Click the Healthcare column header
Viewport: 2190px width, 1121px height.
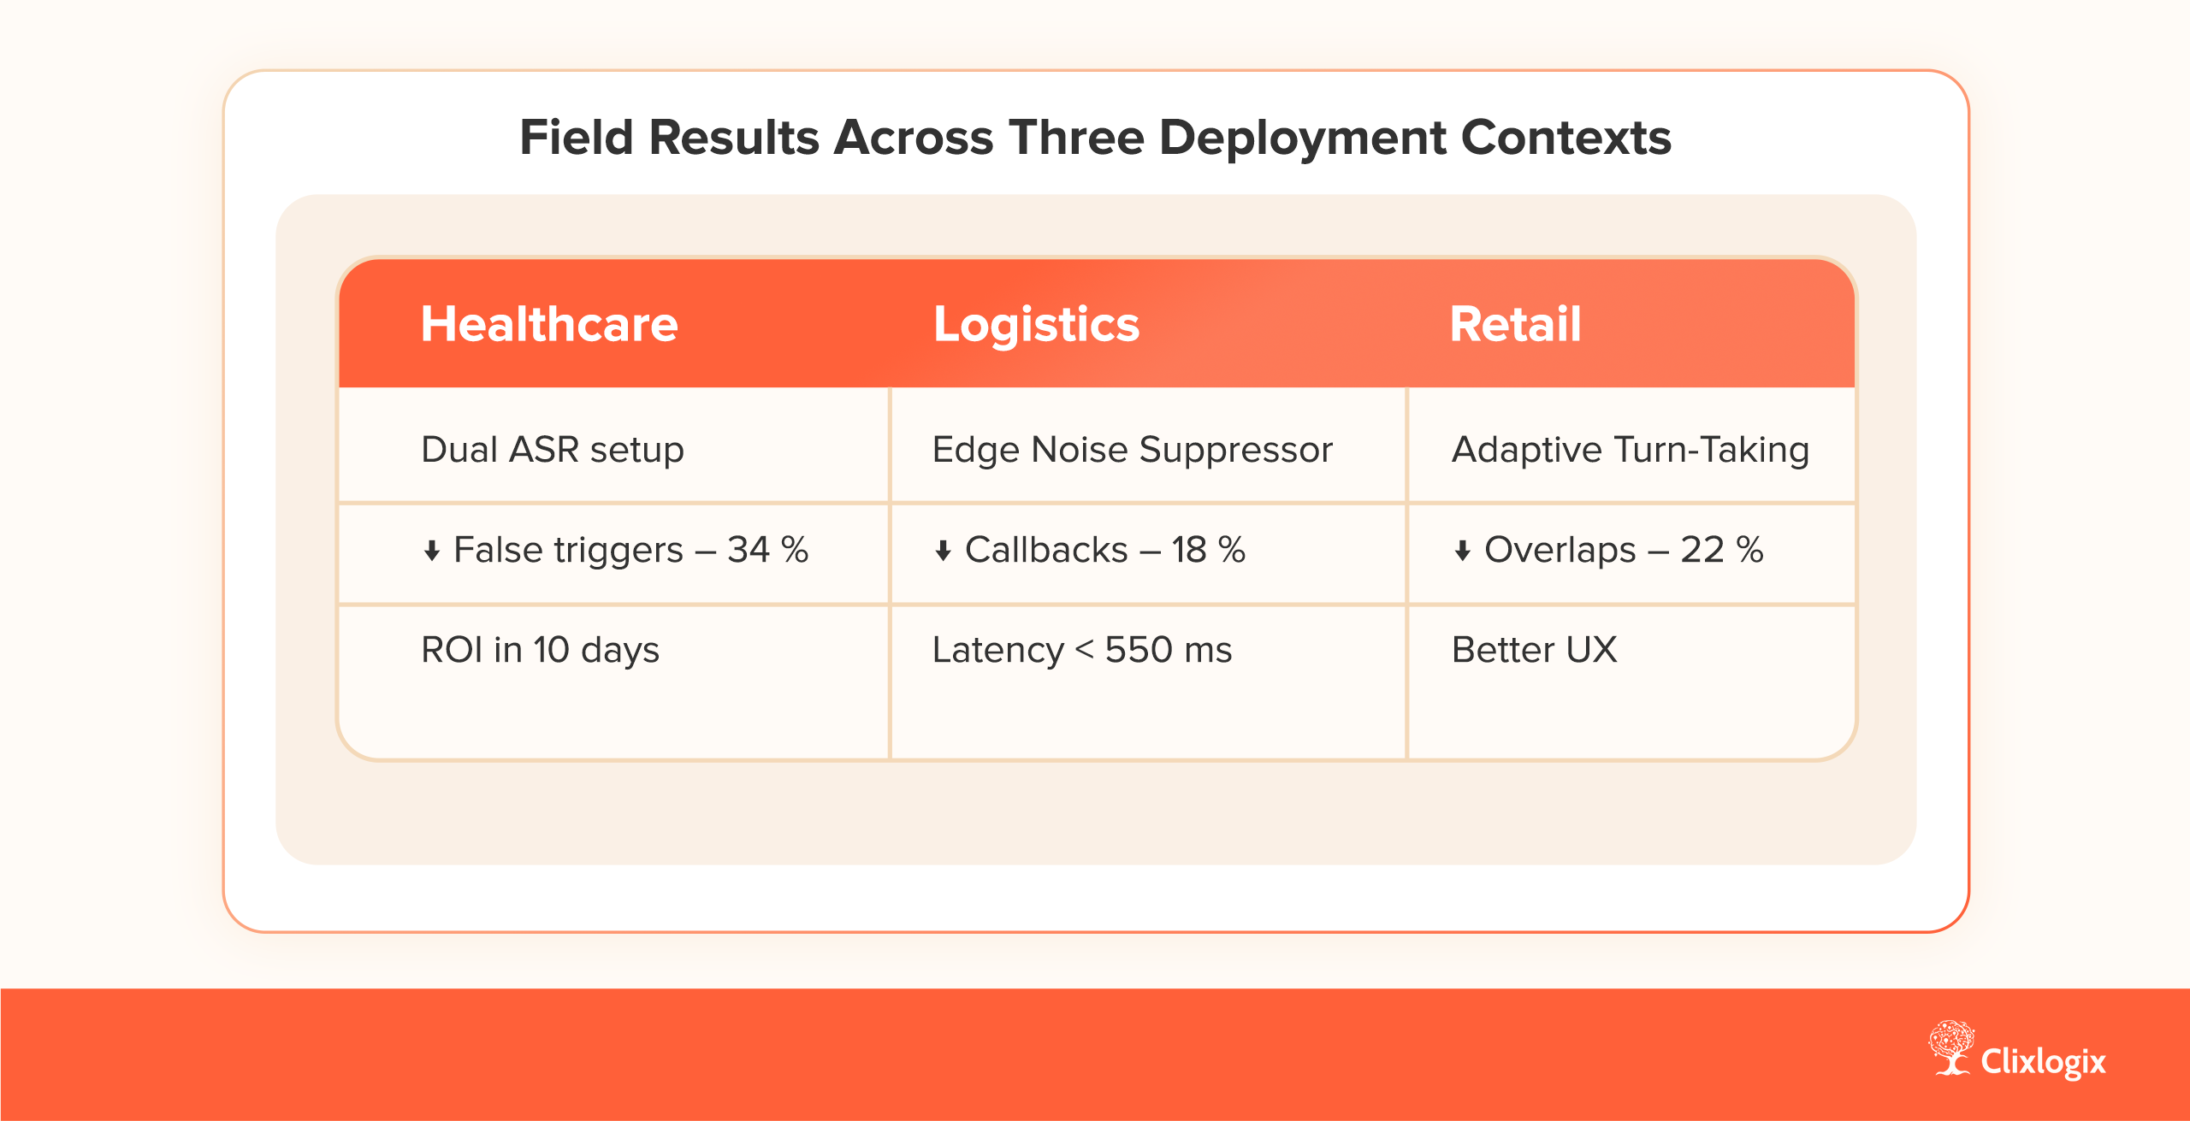click(x=549, y=324)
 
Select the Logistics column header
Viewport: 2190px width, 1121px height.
click(x=1036, y=326)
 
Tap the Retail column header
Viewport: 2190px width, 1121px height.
click(x=1515, y=324)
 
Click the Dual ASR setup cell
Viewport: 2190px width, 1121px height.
click(x=553, y=449)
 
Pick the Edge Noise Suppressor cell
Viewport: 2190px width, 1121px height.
click(x=1133, y=450)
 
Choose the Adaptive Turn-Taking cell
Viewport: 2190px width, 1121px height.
click(x=1631, y=450)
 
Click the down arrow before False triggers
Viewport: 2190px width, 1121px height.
click(x=432, y=551)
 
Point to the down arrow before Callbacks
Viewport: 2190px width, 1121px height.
click(x=943, y=551)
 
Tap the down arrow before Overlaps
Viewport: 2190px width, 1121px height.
click(x=1462, y=551)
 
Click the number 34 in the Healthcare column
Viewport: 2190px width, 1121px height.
click(x=748, y=550)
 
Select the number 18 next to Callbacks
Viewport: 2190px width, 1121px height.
click(x=1189, y=550)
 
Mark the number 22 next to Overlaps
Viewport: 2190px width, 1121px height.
click(x=1702, y=550)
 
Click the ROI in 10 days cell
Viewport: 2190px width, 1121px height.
click(x=541, y=650)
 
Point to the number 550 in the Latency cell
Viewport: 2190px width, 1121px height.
click(x=1139, y=650)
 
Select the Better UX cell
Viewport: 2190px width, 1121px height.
click(x=1535, y=650)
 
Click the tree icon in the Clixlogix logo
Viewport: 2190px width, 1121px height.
click(x=1950, y=1047)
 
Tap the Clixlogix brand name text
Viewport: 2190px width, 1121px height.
click(x=2043, y=1062)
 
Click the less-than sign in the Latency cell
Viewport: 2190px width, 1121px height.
click(x=1084, y=651)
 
